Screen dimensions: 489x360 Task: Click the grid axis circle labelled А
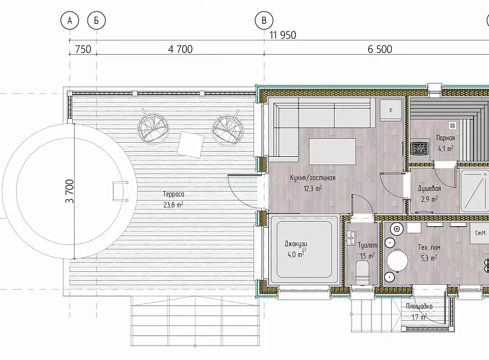click(70, 21)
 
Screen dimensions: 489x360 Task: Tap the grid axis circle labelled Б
click(97, 21)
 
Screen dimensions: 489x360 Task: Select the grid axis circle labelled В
click(264, 21)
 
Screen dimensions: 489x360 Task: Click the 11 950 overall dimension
click(283, 35)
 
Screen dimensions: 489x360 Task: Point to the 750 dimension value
click(83, 50)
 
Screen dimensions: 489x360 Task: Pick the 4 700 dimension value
click(180, 50)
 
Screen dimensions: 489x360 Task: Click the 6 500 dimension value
click(380, 50)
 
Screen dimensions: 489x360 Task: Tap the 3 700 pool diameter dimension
click(70, 191)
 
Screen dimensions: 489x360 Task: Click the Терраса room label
click(174, 194)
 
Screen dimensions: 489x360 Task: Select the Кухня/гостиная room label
click(313, 177)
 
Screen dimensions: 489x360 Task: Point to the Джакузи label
click(296, 244)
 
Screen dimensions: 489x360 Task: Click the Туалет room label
click(367, 246)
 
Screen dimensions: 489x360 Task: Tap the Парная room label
click(446, 138)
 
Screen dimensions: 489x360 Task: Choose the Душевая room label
click(429, 188)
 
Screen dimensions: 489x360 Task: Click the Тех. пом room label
click(429, 248)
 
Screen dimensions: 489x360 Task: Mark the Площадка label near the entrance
click(419, 307)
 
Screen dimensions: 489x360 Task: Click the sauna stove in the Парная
click(420, 148)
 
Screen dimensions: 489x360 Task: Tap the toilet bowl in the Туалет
click(362, 273)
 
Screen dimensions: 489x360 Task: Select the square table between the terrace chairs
click(190, 145)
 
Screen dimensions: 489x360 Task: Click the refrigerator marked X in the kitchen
click(391, 110)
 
